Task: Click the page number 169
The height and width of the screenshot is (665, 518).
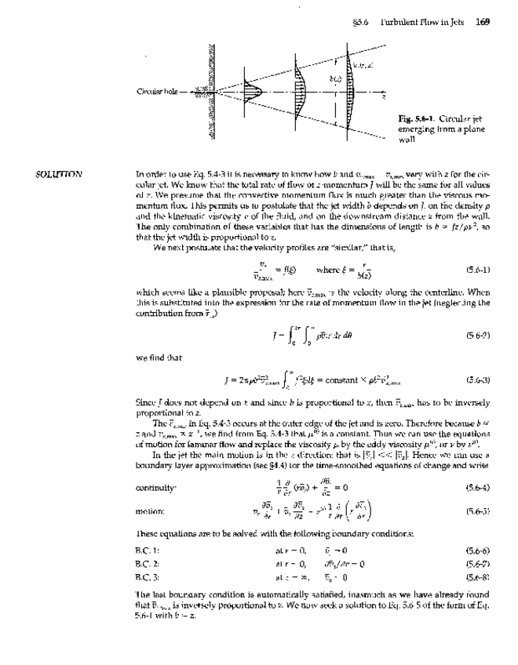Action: pos(482,21)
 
